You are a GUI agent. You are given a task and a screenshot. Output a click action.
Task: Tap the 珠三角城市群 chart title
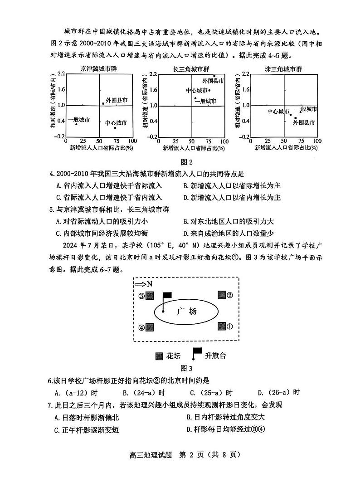283,69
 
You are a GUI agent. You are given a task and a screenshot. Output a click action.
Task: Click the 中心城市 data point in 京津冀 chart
116,128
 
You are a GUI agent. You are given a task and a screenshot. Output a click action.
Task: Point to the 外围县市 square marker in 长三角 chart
214,76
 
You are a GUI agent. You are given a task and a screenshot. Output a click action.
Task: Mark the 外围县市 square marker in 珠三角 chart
296,118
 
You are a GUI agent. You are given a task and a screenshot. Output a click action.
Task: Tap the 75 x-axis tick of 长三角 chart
209,141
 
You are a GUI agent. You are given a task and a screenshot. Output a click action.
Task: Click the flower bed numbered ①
222,326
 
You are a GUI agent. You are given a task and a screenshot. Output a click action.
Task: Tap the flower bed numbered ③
150,296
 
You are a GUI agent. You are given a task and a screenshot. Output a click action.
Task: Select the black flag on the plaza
167,295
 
